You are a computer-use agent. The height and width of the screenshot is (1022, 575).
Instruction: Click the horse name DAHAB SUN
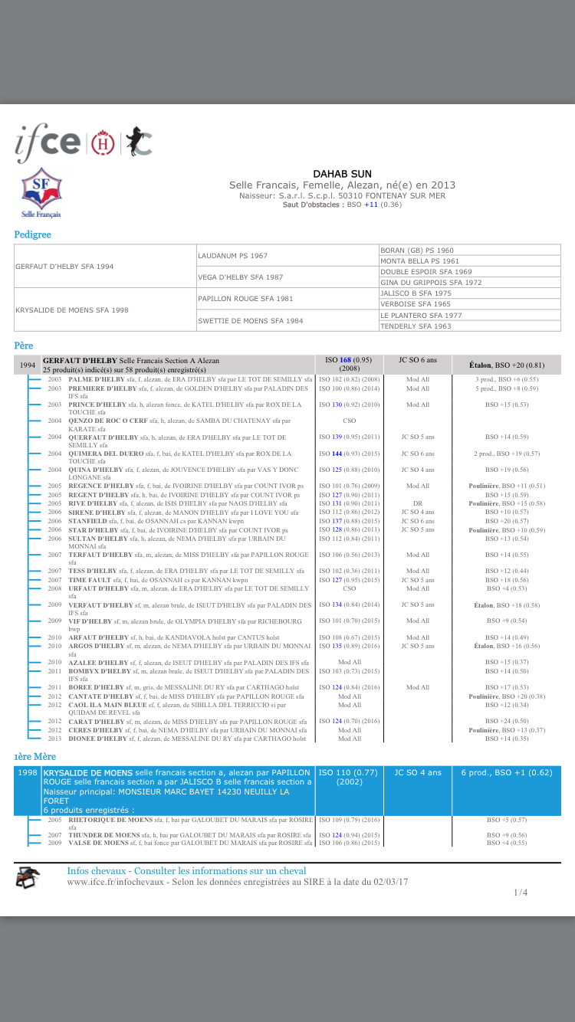[342, 174]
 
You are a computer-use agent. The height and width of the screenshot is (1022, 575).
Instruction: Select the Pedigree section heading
[32, 234]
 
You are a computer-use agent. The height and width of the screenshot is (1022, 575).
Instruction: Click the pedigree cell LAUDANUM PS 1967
[233, 255]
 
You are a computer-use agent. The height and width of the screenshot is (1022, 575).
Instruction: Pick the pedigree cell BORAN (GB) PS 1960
[416, 251]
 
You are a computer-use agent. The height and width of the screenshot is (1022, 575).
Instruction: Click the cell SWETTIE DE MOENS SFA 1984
[240, 320]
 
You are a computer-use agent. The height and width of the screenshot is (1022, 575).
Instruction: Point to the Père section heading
[24, 346]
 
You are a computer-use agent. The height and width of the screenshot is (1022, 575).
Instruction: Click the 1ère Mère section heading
[34, 755]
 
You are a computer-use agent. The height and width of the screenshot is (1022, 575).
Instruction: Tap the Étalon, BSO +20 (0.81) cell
[507, 365]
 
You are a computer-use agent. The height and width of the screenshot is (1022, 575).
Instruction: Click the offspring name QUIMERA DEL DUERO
[102, 454]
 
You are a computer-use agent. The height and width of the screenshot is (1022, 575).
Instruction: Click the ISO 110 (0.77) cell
[349, 777]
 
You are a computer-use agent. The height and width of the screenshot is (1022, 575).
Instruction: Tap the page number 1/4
[521, 892]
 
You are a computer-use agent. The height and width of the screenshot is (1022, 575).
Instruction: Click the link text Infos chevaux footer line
[186, 871]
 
